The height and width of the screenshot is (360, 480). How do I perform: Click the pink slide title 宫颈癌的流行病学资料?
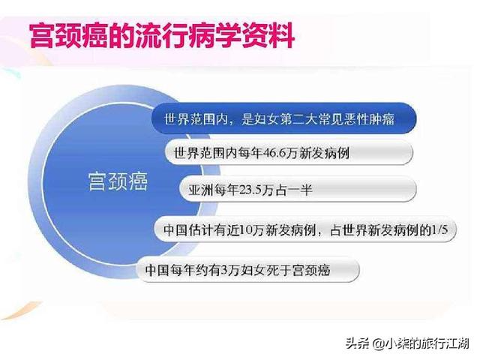point(162,35)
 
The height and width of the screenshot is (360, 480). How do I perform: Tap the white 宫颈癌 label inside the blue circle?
point(118,181)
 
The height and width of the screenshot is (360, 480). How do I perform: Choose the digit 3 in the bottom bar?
point(224,270)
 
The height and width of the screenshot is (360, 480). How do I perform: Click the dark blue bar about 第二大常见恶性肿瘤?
point(283,118)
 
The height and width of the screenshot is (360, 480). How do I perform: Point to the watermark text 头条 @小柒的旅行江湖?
point(407,343)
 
